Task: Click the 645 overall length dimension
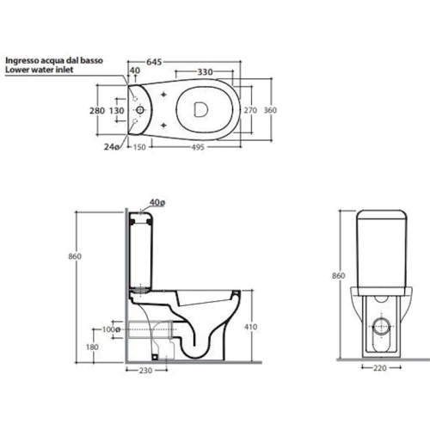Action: (x=154, y=62)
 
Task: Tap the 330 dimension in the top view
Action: (x=205, y=72)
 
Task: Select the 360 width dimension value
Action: (x=270, y=110)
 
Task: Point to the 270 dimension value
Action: (x=250, y=110)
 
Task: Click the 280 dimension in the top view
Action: (x=97, y=110)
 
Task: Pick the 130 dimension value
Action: (x=117, y=110)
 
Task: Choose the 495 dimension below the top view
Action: (x=198, y=147)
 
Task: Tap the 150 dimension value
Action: (x=139, y=147)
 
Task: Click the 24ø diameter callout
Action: (x=112, y=147)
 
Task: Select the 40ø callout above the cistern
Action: (x=157, y=203)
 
